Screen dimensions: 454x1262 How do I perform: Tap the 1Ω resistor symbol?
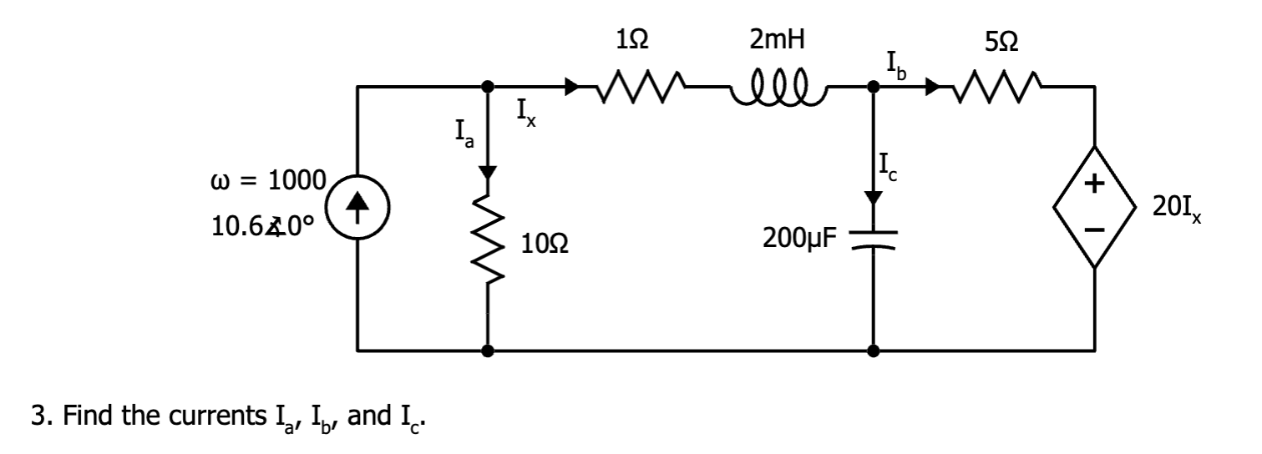tap(633, 86)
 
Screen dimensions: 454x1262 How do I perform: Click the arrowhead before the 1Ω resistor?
tap(571, 86)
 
